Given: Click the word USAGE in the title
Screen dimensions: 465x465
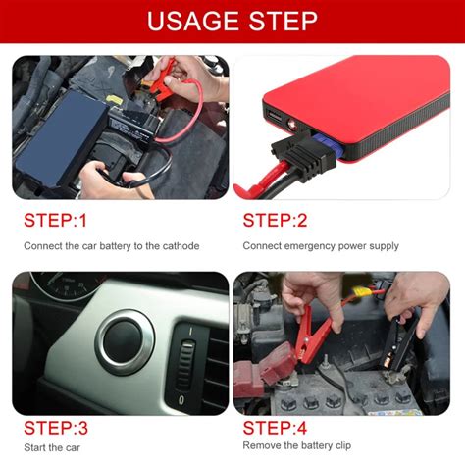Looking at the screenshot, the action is pos(193,22).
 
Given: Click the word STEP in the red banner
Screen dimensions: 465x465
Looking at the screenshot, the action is pos(283,22).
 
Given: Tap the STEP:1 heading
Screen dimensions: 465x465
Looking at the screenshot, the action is pos(55,220).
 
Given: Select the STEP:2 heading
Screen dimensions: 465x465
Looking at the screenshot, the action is pos(275,220).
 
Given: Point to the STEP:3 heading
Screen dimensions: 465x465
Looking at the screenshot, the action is pos(56,428).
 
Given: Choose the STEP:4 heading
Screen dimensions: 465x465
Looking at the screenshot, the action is pos(275,428).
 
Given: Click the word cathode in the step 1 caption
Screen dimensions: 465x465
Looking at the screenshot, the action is pos(181,246).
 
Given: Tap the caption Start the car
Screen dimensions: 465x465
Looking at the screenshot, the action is pos(52,447).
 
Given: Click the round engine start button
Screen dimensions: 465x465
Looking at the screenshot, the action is pos(125,342).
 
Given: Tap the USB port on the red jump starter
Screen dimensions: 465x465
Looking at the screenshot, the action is pos(274,116).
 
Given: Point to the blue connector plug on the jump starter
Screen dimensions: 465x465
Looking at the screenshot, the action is pos(327,144).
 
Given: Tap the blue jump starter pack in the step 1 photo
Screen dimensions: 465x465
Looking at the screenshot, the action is pos(61,139).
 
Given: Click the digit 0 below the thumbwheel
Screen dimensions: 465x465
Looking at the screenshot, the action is pos(181,399).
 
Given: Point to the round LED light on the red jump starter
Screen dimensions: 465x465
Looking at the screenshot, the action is pos(291,125).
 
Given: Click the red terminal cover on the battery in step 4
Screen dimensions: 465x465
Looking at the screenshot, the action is pos(262,371).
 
